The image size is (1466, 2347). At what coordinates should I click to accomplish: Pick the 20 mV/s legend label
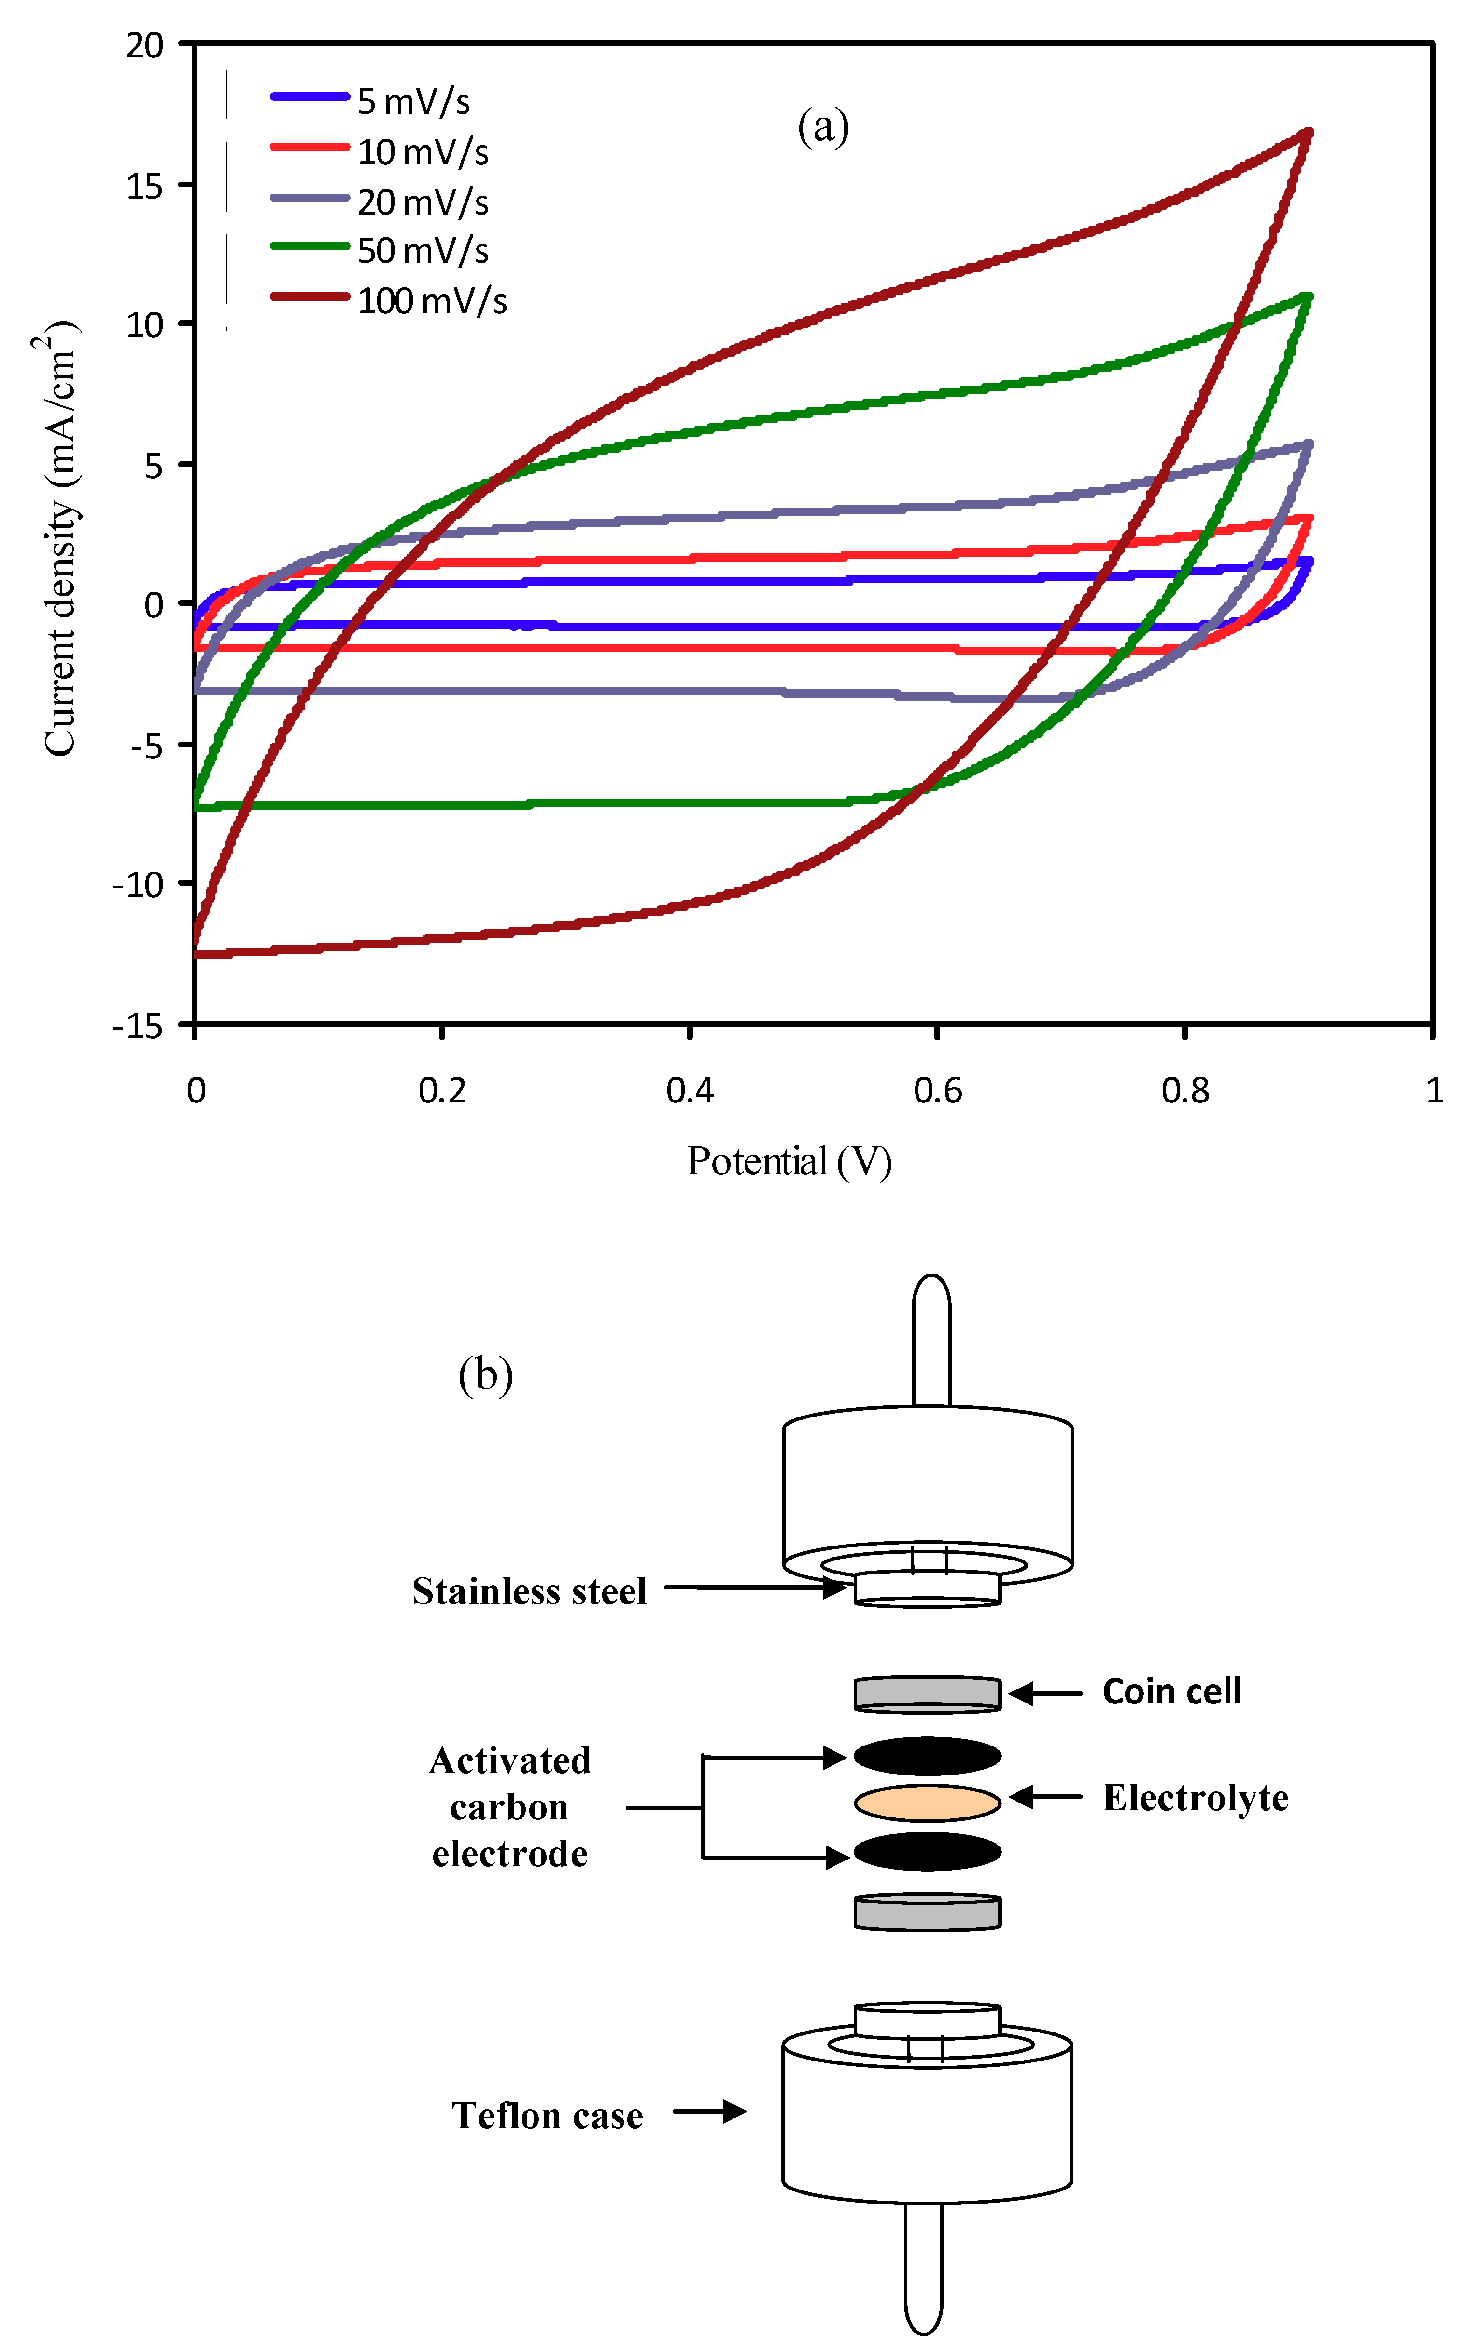pyautogui.click(x=423, y=202)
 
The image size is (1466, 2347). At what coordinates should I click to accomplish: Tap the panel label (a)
pyautogui.click(x=823, y=126)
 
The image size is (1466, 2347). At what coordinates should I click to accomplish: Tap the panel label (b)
pyautogui.click(x=485, y=1375)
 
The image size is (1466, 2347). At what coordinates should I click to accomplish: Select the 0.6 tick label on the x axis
pyautogui.click(x=938, y=1091)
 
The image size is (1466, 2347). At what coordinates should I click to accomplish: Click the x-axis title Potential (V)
pyautogui.click(x=789, y=1161)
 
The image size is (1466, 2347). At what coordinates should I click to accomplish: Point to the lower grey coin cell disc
pyautogui.click(x=927, y=1912)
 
